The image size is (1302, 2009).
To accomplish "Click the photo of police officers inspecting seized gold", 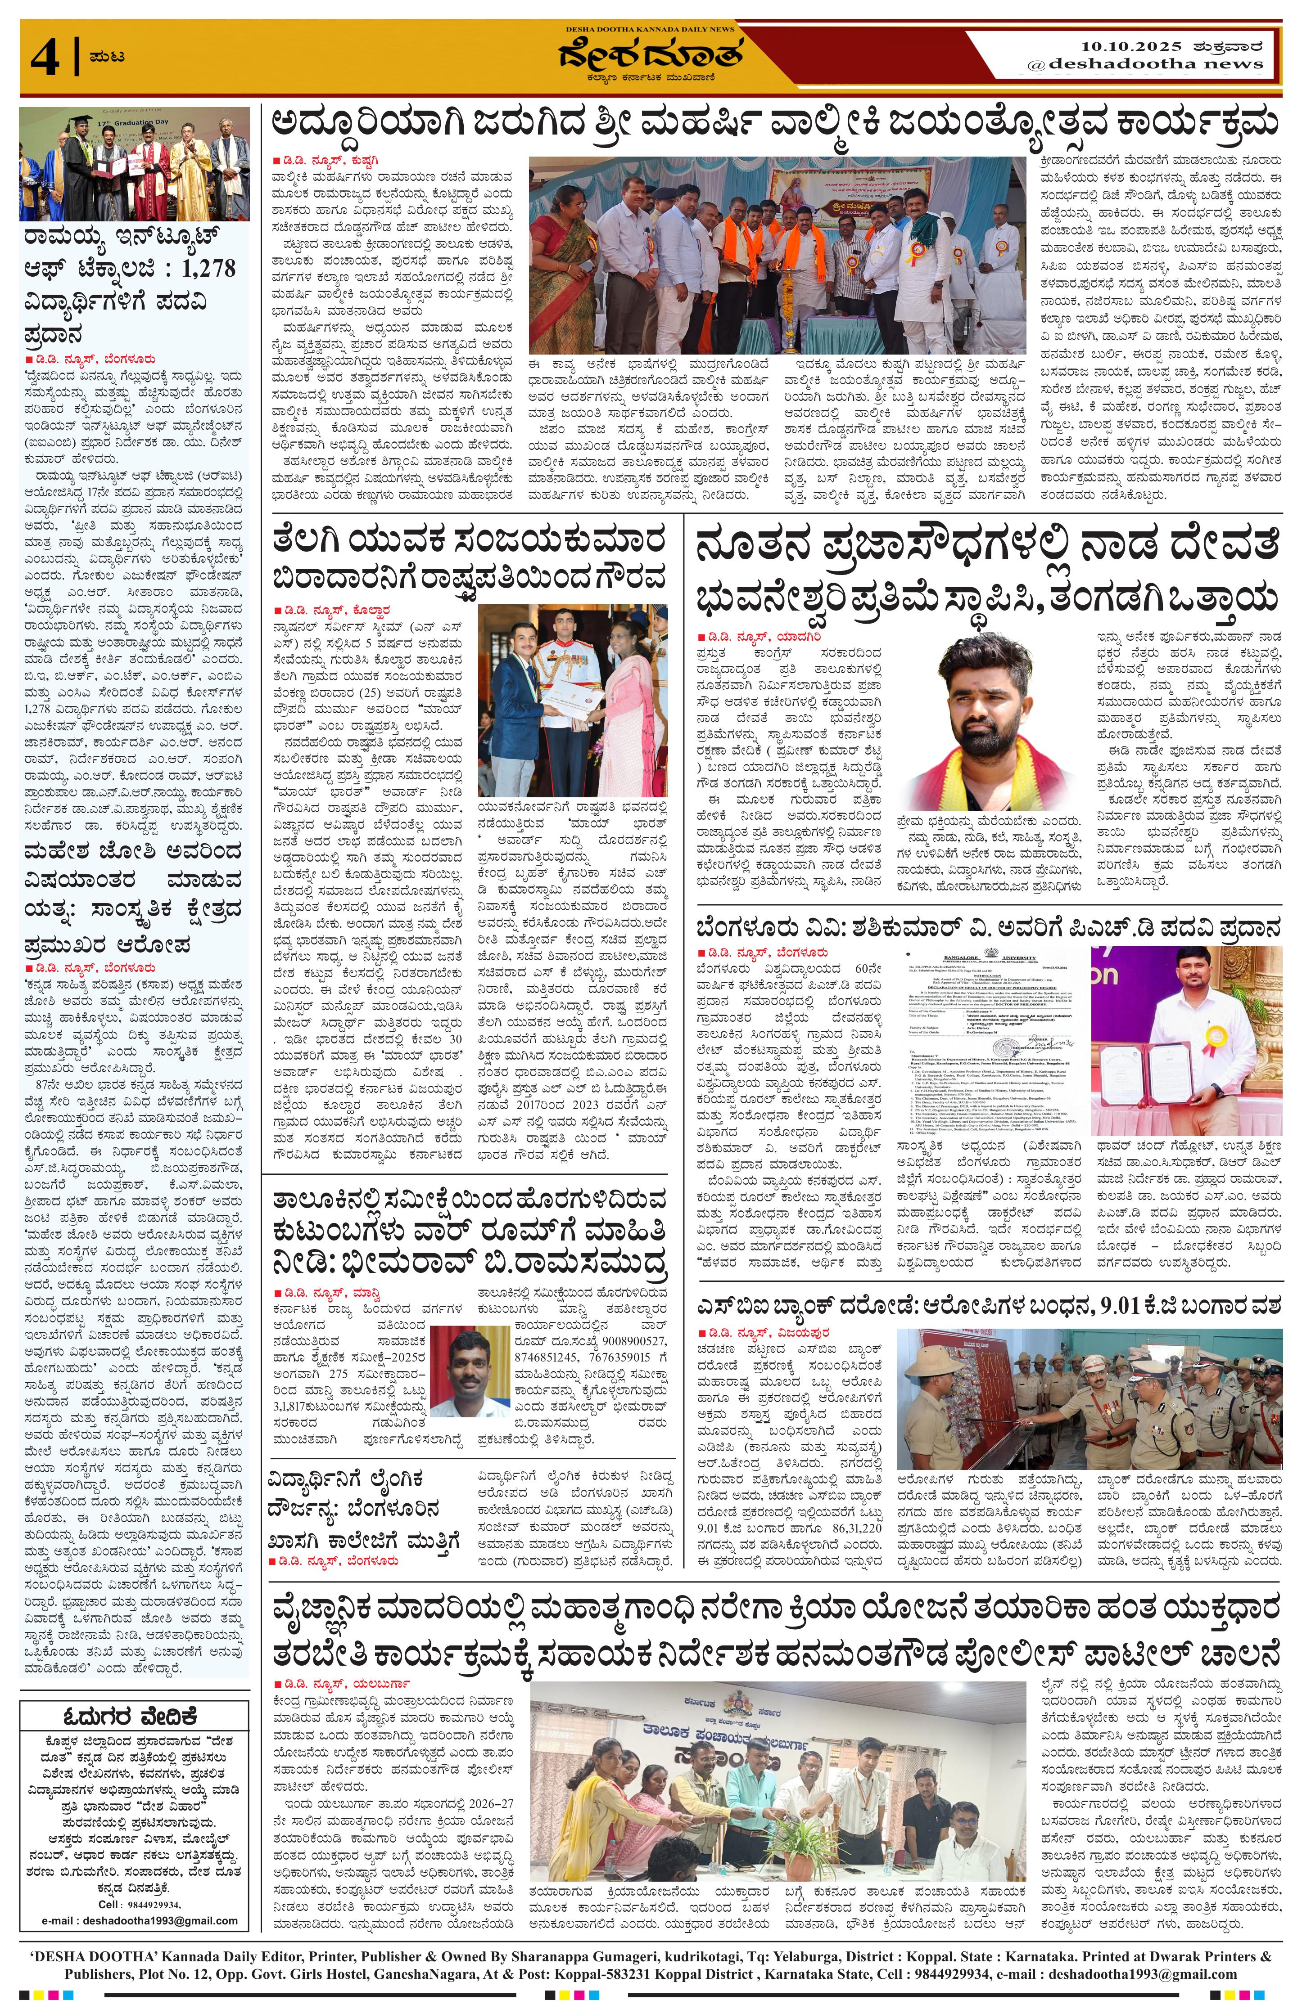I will [1089, 1400].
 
